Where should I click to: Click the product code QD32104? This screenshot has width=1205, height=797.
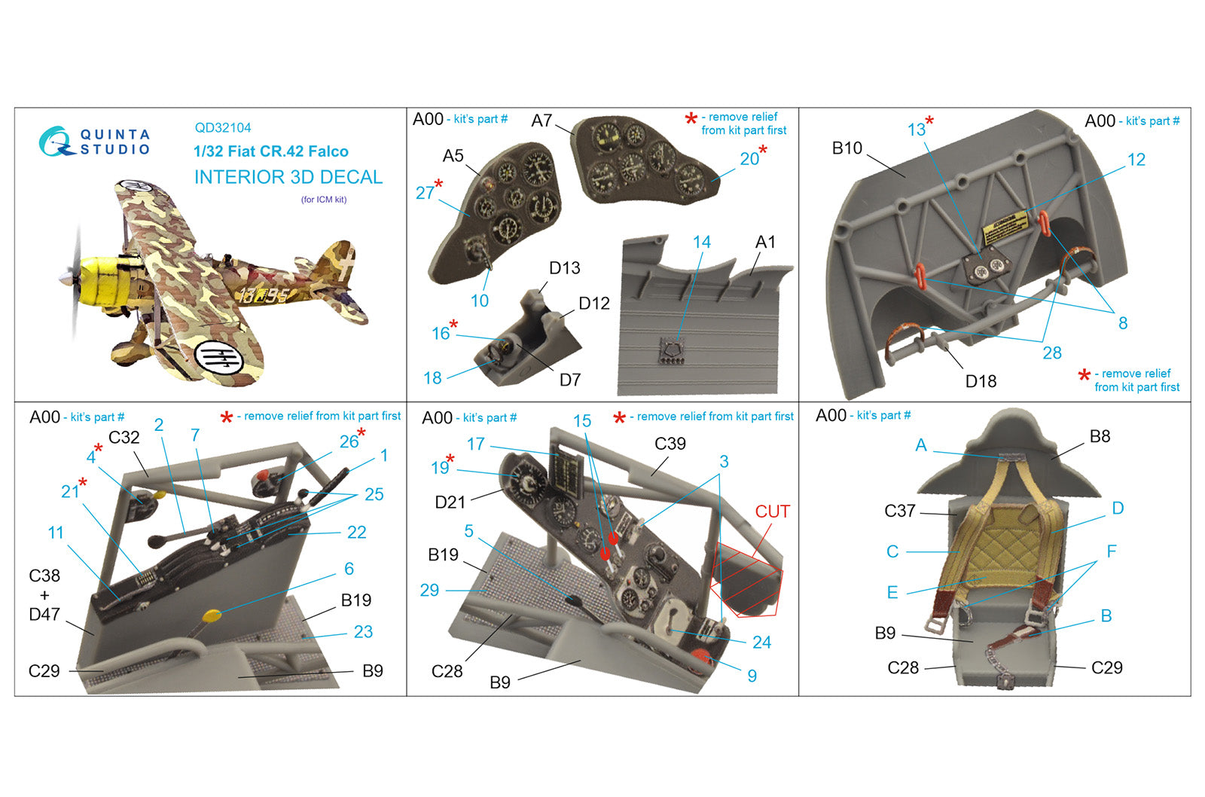tap(223, 127)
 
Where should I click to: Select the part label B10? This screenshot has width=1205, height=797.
tap(847, 148)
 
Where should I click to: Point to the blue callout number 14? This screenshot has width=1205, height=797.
tap(701, 242)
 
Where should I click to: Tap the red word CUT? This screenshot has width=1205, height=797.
tap(772, 511)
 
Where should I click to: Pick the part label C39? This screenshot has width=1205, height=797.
tap(670, 444)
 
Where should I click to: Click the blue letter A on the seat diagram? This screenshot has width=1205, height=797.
tap(921, 445)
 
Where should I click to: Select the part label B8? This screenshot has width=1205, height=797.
tap(1100, 436)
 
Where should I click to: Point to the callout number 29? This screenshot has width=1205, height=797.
tap(429, 591)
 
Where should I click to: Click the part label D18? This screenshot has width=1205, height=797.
tap(981, 381)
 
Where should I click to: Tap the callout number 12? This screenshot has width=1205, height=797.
tap(1136, 159)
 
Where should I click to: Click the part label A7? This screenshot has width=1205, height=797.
tap(541, 121)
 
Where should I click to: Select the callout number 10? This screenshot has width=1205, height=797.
tap(479, 301)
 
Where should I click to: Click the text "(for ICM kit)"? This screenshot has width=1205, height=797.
tap(324, 200)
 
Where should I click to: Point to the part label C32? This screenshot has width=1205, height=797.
tap(124, 438)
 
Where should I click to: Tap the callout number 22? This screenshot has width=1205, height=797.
tap(356, 533)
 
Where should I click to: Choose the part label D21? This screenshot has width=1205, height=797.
tap(450, 502)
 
